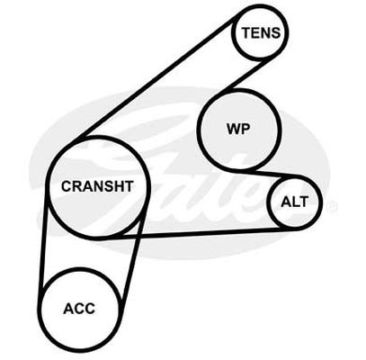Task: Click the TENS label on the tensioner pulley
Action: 261,32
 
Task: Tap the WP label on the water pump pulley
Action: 238,129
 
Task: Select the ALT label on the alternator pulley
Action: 294,202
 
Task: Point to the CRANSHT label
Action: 97,186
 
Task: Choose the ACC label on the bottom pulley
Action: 79,309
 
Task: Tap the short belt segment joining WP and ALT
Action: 272,175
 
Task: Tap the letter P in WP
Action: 245,129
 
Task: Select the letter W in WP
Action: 233,129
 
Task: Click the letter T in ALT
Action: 303,202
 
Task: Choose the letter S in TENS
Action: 275,32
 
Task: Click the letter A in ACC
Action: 68,309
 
